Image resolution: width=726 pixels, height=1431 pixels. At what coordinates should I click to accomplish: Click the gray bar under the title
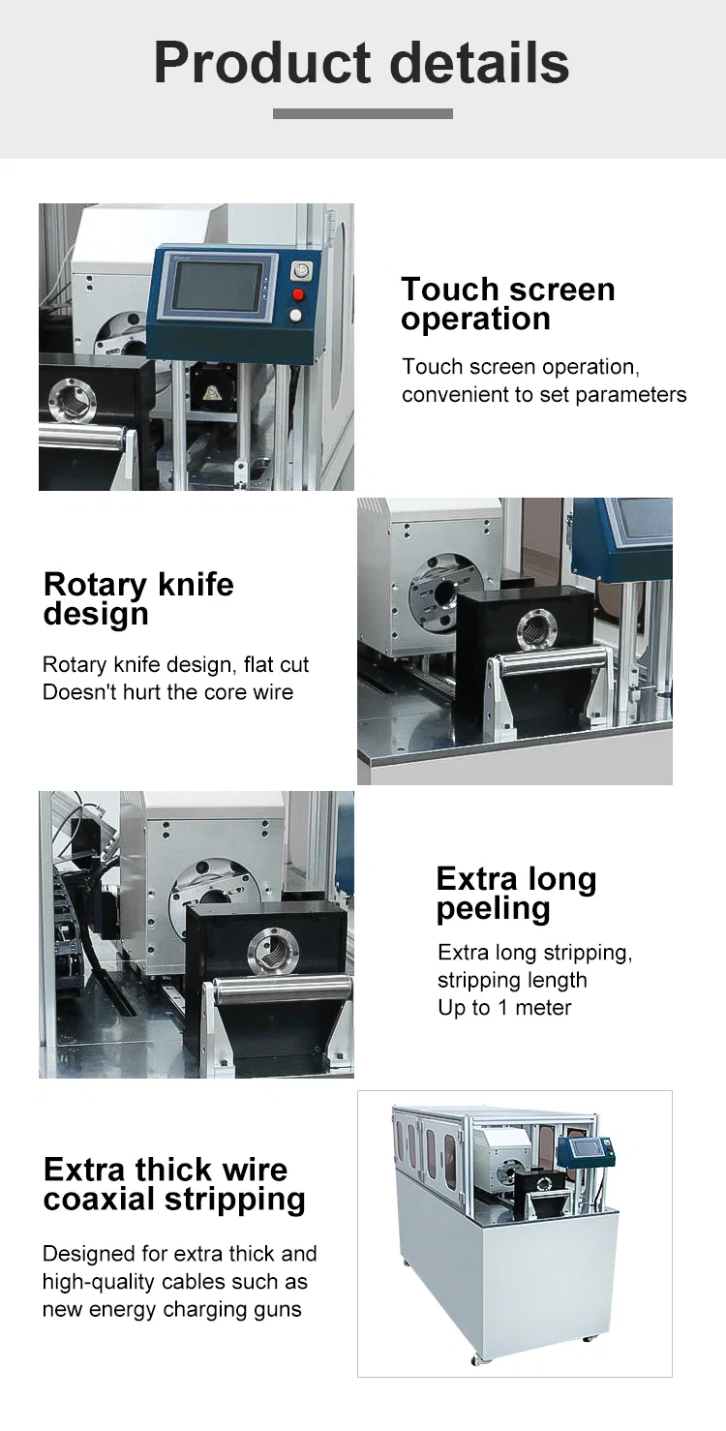coord(362,114)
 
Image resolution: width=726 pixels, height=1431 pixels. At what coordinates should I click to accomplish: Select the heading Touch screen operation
coord(507,303)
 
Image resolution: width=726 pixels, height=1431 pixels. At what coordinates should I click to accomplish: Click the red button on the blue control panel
coord(298,294)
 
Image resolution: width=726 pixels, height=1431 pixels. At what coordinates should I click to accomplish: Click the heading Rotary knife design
coord(138,598)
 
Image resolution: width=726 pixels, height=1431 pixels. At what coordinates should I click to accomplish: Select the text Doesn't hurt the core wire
coord(167,692)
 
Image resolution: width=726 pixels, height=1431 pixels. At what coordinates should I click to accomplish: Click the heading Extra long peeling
coord(516,893)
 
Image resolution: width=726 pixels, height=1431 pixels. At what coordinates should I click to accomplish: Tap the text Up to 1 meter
coord(504,1008)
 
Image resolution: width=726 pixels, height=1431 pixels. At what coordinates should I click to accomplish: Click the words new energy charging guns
coord(171,1310)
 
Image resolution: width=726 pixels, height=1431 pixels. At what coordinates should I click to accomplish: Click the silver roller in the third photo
coord(284,990)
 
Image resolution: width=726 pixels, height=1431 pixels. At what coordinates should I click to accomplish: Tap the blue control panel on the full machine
coord(584,1150)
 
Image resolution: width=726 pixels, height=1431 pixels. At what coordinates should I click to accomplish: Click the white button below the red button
coord(296,316)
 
